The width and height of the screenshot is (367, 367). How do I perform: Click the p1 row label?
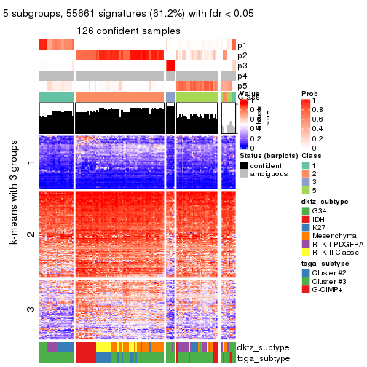(x=242, y=45)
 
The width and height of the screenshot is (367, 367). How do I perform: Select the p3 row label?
(x=242, y=66)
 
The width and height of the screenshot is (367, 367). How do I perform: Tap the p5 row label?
(x=242, y=86)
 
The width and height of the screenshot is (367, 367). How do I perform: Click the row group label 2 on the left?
(x=30, y=234)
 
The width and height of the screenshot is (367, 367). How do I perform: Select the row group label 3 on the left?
(x=30, y=309)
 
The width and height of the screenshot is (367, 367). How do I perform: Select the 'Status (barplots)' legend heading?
(x=266, y=154)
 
